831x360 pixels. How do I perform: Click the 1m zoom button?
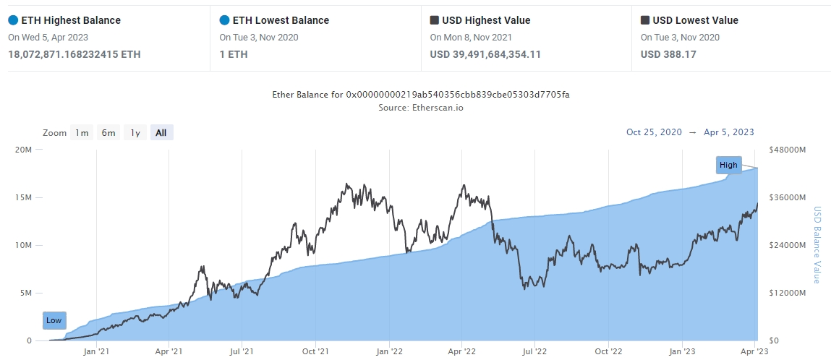pyautogui.click(x=82, y=132)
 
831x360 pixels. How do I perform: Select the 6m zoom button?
pyautogui.click(x=108, y=132)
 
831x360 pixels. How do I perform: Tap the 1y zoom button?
pyautogui.click(x=135, y=132)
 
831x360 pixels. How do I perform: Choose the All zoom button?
pyautogui.click(x=161, y=132)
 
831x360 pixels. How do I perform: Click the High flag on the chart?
pyautogui.click(x=728, y=165)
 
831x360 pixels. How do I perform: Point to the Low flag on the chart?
pyautogui.click(x=54, y=320)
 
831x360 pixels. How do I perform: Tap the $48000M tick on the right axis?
pyautogui.click(x=788, y=150)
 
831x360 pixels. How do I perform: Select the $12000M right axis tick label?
pyautogui.click(x=788, y=293)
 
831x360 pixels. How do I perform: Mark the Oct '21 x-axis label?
pyautogui.click(x=315, y=352)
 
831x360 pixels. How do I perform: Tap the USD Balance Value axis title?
pyautogui.click(x=817, y=245)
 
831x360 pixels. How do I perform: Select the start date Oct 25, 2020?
pyautogui.click(x=654, y=132)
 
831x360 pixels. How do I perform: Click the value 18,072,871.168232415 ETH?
pyautogui.click(x=74, y=54)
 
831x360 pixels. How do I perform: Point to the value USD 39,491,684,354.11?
pyautogui.click(x=485, y=54)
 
